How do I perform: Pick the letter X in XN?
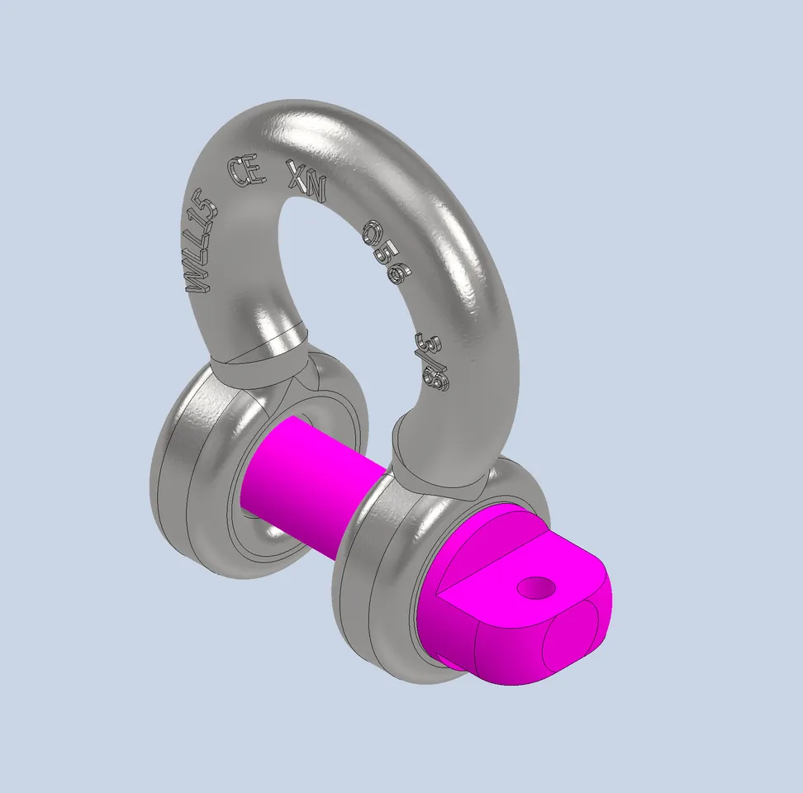pos(297,174)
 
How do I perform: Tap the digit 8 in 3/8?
pos(437,379)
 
